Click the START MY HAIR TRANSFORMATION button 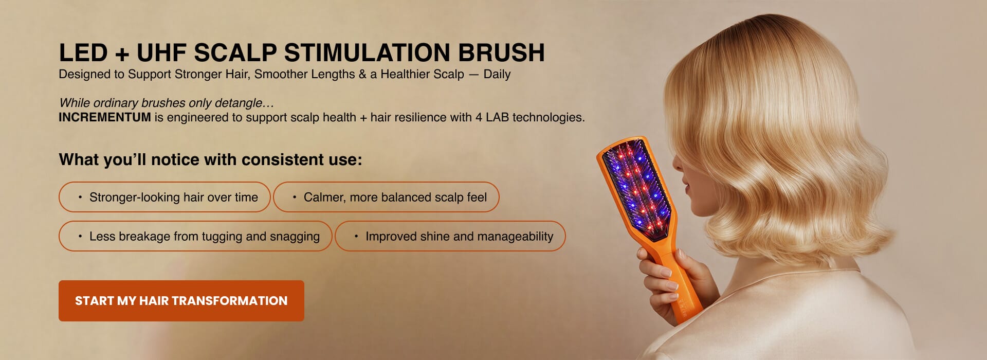coord(181,301)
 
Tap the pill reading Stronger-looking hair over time coord(164,197)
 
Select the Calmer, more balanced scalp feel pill coord(386,197)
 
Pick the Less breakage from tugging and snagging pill coord(195,236)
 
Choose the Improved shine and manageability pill coord(450,236)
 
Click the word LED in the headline coord(83,53)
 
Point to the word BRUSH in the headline coord(501,53)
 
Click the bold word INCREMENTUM coord(105,117)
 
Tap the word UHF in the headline coord(161,53)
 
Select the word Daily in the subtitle coord(497,74)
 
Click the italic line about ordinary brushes coord(167,103)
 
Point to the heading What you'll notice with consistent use coord(210,159)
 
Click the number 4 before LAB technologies coord(479,117)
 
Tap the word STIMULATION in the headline coord(367,53)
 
